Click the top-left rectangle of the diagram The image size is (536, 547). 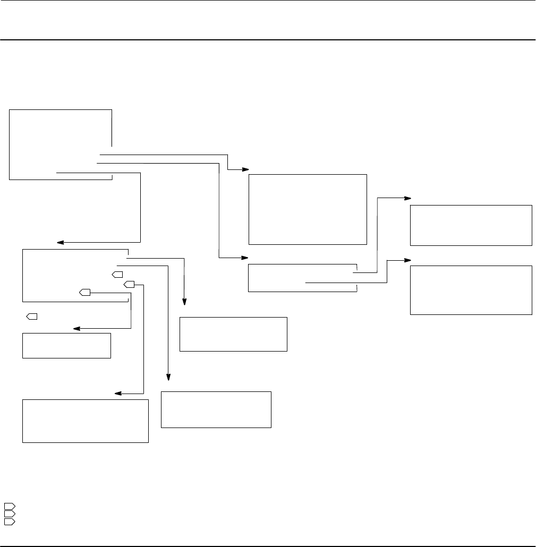click(61, 144)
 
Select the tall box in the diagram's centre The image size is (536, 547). click(308, 209)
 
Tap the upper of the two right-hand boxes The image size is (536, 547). click(471, 225)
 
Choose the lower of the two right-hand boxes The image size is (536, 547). click(471, 290)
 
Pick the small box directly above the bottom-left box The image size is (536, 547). click(66, 346)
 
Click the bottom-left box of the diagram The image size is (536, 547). click(85, 421)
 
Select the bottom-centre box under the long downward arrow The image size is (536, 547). click(216, 409)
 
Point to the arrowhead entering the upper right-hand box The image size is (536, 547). click(408, 198)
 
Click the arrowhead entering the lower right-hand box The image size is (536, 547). click(408, 260)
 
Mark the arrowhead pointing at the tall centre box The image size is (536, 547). click(246, 169)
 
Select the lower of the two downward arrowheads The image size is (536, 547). click(169, 377)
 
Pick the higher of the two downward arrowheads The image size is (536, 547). click(185, 303)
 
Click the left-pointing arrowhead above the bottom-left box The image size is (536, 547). click(118, 394)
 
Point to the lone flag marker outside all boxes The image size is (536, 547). click(31, 317)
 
